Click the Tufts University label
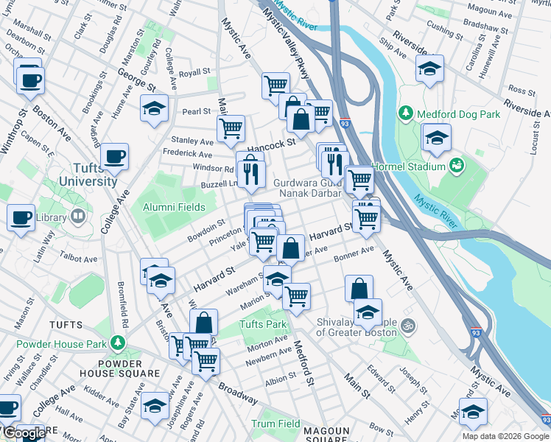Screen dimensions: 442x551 coord(88,174)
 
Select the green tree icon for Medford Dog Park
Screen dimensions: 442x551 coord(405,113)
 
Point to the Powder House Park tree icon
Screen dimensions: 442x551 coord(116,343)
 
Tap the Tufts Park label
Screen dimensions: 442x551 coord(262,324)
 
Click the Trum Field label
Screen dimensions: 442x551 coord(276,424)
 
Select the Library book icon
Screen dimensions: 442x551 coord(77,217)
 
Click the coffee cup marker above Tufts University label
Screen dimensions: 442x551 coord(115,155)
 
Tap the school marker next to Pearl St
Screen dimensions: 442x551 coord(154,108)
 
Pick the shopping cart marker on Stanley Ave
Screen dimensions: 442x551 coord(231,128)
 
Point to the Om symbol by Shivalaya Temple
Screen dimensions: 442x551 coord(411,325)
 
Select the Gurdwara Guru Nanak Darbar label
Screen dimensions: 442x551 coord(308,188)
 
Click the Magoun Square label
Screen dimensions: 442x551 coord(327,435)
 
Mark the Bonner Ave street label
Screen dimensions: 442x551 coord(354,256)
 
